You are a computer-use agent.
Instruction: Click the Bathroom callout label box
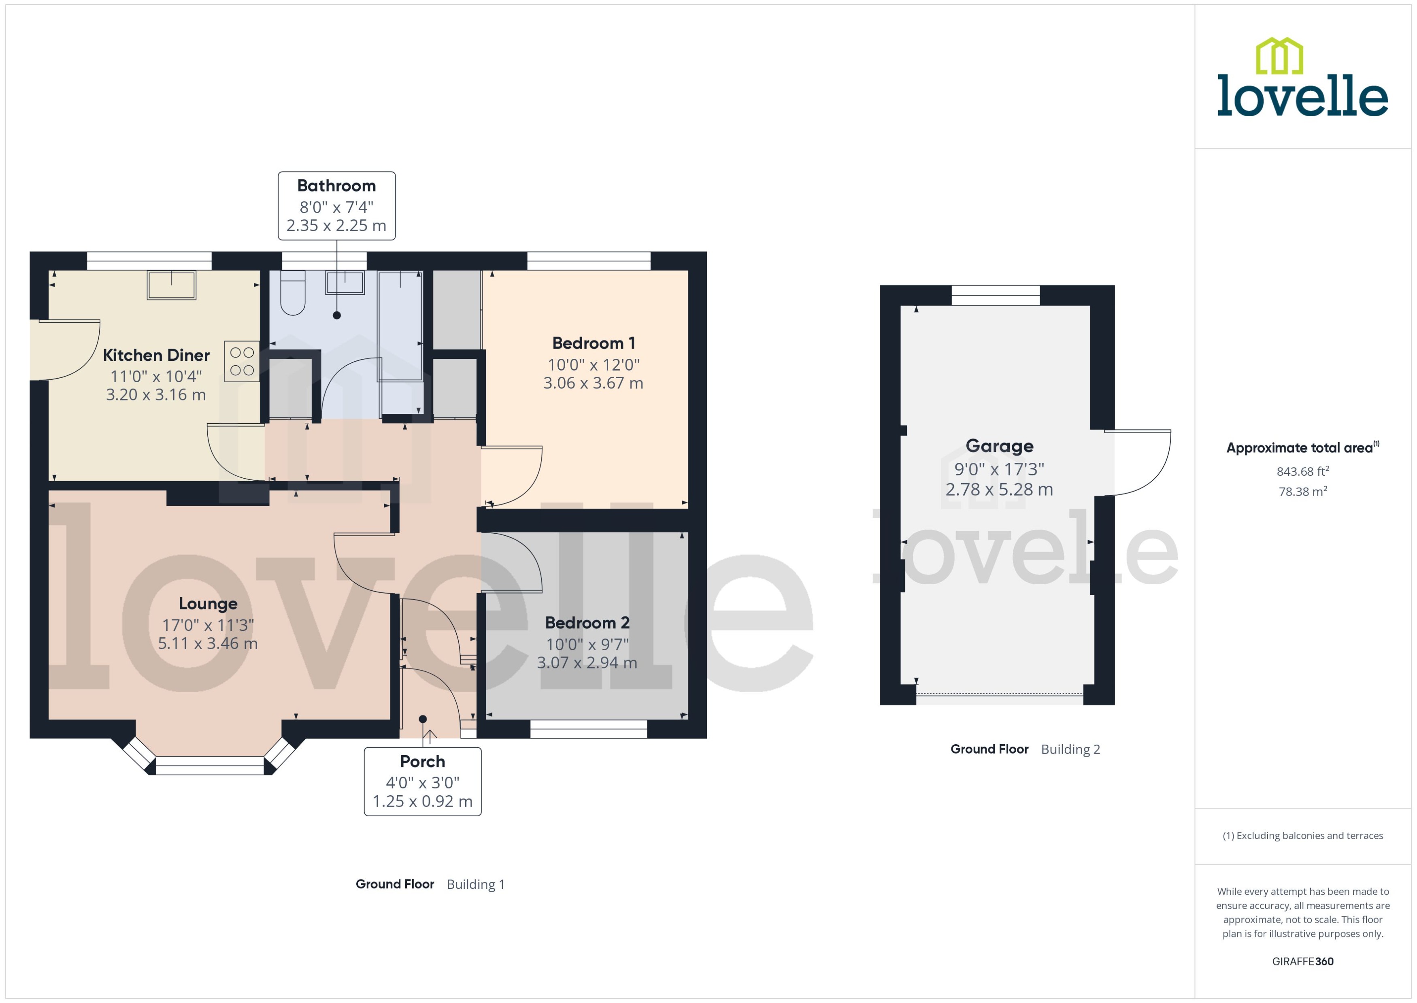tap(336, 206)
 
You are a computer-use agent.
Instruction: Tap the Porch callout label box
tap(422, 781)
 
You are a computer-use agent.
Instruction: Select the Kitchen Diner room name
tap(156, 355)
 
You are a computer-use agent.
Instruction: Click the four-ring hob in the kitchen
tap(241, 361)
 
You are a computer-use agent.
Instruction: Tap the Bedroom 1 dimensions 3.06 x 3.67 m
tap(593, 383)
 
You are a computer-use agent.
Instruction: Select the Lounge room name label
tap(208, 603)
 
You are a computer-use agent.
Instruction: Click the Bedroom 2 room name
tap(587, 622)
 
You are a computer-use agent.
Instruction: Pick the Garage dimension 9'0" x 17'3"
tap(999, 469)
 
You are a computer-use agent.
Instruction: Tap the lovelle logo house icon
tap(1279, 56)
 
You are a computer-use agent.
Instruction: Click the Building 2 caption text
tap(1070, 749)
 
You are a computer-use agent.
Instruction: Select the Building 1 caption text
tap(475, 884)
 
